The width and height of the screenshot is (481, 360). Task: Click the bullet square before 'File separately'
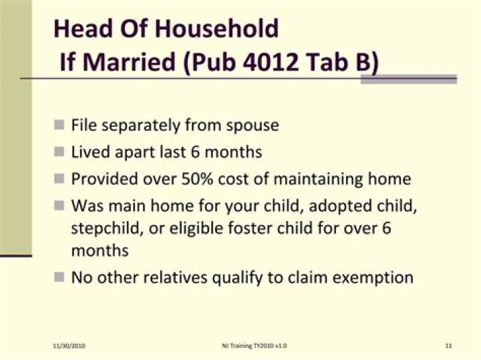(x=59, y=125)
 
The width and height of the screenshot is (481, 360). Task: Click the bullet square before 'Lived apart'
(x=59, y=152)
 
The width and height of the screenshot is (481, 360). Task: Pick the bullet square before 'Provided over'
(x=59, y=179)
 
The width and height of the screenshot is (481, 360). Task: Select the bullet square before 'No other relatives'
(x=59, y=277)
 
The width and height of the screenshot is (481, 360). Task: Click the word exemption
(x=374, y=277)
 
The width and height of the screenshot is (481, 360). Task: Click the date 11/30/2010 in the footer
(x=69, y=345)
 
